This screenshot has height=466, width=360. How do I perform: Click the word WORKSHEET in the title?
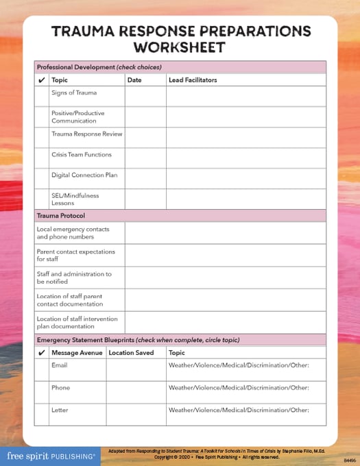(180, 47)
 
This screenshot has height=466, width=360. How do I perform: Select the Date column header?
(134, 80)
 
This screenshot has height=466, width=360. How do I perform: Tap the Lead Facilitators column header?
(193, 80)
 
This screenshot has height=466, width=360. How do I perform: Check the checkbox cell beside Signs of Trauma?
(42, 96)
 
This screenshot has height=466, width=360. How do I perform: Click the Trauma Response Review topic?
(86, 134)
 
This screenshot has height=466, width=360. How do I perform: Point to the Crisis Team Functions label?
(81, 155)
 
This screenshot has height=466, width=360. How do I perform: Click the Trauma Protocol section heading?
(60, 215)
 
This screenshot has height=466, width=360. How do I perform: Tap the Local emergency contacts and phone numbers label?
(73, 233)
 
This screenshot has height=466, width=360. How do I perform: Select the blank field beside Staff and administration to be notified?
(225, 278)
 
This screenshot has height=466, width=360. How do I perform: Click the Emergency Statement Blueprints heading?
(138, 340)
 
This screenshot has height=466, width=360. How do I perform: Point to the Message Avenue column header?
(77, 353)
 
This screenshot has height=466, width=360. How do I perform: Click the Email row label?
(59, 365)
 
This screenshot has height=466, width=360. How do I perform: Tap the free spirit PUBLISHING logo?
(51, 456)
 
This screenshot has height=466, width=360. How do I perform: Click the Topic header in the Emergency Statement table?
(176, 353)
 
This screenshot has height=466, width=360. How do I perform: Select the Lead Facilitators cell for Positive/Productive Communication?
(245, 116)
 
